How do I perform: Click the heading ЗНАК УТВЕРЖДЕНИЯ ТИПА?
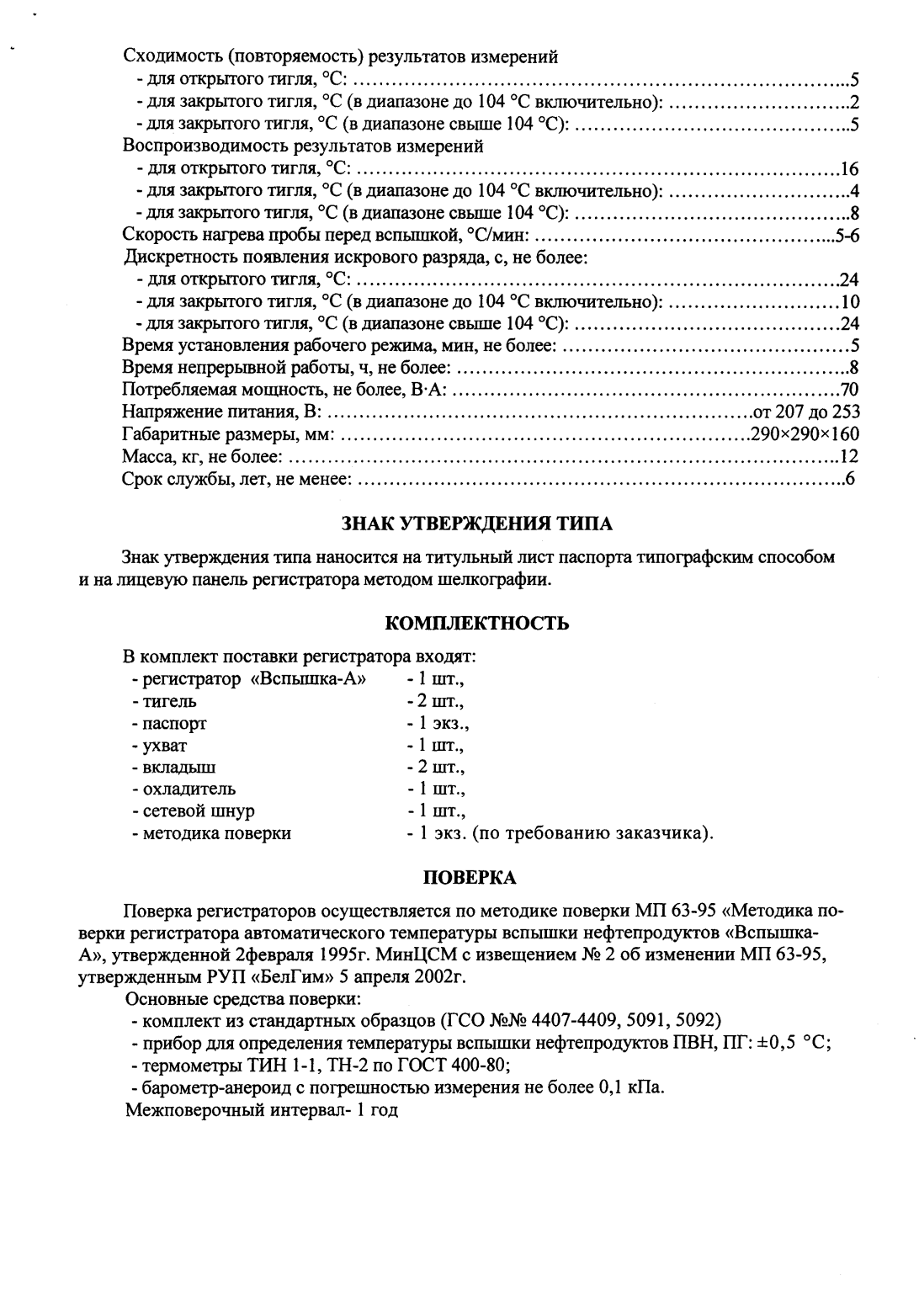(476, 524)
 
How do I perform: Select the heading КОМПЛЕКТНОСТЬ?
(476, 624)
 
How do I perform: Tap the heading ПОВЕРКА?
(468, 878)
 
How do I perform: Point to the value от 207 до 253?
(806, 412)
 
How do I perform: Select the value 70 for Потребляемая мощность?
(849, 391)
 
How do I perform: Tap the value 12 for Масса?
(849, 457)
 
